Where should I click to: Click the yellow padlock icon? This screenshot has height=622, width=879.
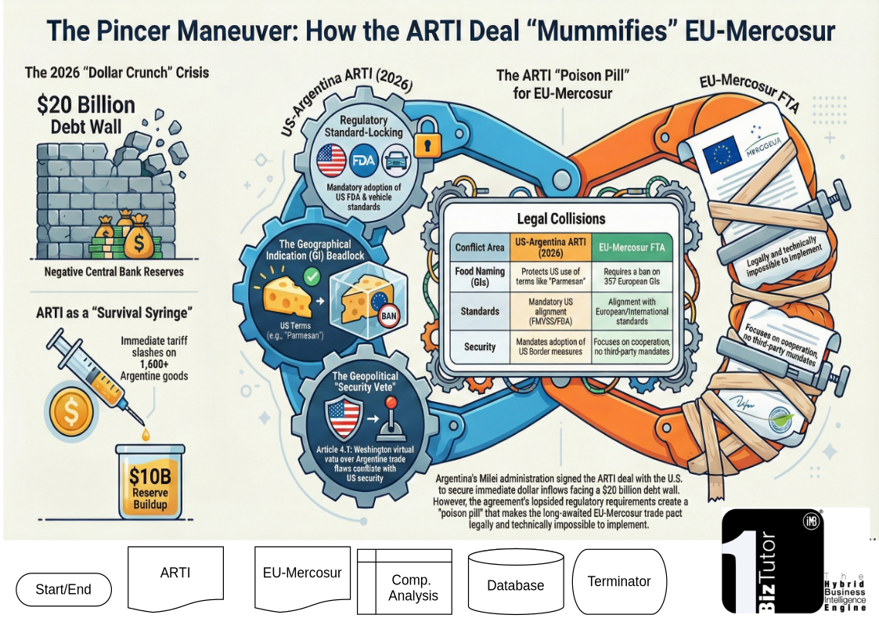(424, 139)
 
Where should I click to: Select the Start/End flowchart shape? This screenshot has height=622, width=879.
(63, 589)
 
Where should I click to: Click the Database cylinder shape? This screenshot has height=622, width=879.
(515, 584)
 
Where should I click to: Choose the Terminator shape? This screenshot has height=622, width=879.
(619, 581)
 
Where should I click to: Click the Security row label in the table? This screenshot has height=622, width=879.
(480, 346)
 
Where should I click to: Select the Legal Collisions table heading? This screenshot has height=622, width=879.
(561, 219)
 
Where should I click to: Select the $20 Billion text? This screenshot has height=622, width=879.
(86, 105)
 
